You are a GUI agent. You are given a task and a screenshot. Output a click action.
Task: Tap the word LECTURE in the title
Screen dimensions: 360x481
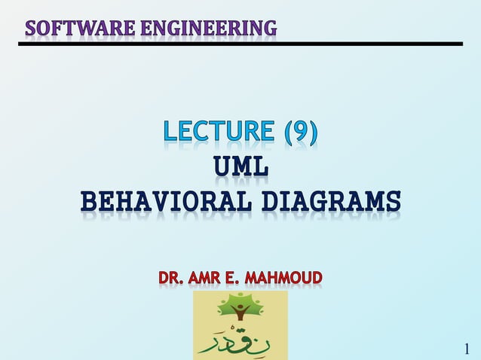point(219,133)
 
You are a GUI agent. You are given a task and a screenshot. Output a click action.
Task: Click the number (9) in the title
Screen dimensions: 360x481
point(301,133)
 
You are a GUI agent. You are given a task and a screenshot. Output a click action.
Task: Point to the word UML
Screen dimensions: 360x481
point(240,167)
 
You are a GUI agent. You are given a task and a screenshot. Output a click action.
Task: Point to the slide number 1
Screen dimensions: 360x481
point(467,348)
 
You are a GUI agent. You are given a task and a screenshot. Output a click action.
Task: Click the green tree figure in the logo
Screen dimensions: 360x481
point(240,308)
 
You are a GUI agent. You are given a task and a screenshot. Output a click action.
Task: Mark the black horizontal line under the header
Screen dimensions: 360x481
point(240,44)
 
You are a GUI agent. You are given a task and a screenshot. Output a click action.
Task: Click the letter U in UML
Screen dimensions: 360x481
point(222,167)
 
